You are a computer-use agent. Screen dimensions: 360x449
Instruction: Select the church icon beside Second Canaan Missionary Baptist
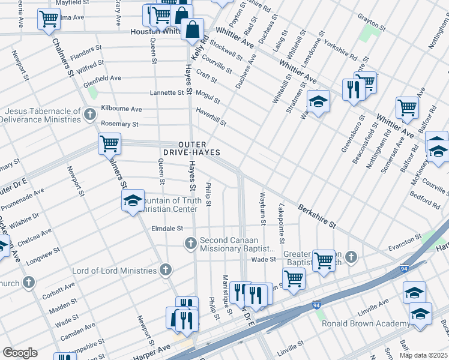point(190,243)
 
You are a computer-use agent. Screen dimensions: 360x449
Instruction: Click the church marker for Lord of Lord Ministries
point(165,270)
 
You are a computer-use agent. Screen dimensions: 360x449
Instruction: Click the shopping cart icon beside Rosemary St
point(110,144)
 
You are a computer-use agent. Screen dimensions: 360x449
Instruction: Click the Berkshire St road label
point(316,215)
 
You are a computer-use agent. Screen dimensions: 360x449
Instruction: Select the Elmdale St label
point(167,229)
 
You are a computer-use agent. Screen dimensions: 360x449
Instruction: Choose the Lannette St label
point(167,93)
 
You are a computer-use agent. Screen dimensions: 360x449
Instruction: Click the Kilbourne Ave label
point(121,109)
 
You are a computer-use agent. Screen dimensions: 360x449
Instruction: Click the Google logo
point(20,353)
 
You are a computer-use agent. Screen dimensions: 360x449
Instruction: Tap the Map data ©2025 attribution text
point(423,355)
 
